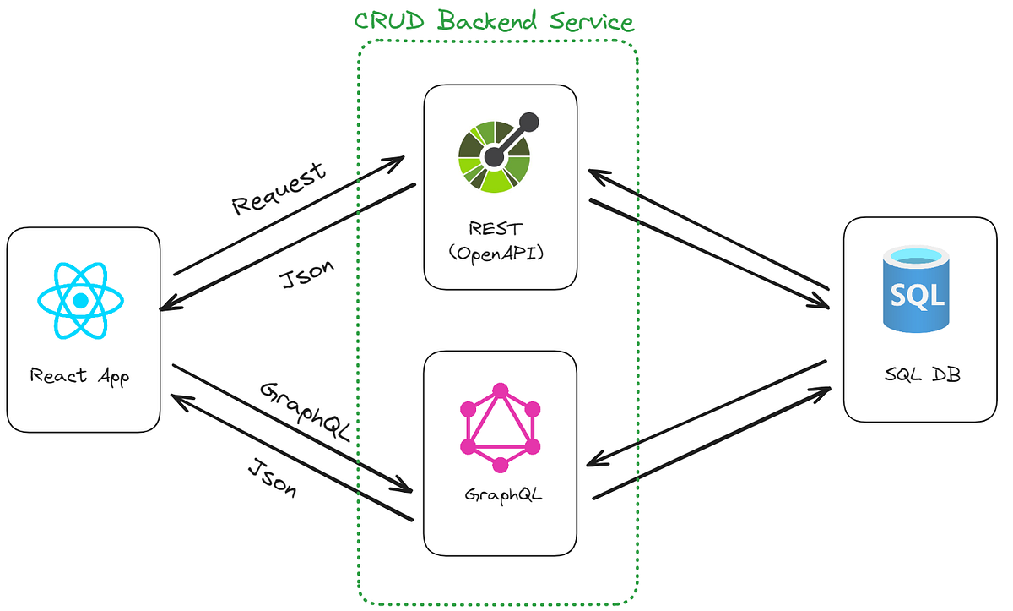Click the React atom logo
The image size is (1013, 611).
tap(80, 301)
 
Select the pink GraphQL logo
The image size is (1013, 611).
tap(500, 428)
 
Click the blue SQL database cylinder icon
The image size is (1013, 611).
tap(916, 289)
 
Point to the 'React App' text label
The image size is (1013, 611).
tap(79, 377)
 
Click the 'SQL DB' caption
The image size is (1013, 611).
tap(923, 374)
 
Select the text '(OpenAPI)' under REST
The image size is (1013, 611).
tap(496, 254)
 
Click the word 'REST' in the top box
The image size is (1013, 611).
tap(496, 228)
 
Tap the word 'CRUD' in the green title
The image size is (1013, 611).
tap(389, 20)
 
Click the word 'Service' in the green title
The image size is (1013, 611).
tap(592, 22)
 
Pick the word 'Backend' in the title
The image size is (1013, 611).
tap(488, 20)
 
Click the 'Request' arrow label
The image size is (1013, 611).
tap(279, 189)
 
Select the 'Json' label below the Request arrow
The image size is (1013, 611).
tap(306, 275)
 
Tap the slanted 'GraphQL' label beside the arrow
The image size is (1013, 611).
tap(306, 412)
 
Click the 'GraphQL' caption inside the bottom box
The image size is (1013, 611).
tap(503, 494)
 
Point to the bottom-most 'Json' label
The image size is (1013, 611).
tap(273, 479)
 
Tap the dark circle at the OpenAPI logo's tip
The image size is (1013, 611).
tap(528, 123)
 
